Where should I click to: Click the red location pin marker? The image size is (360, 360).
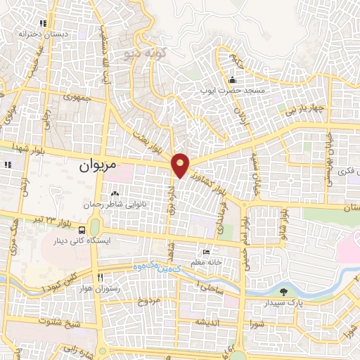pos(181,165)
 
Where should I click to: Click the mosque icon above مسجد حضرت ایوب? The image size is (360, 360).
pos(233,79)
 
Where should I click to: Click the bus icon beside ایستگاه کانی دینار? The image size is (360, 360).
pos(84,229)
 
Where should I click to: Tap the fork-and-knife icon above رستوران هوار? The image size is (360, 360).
pos(100,277)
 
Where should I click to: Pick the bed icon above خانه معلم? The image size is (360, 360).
pos(205,251)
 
